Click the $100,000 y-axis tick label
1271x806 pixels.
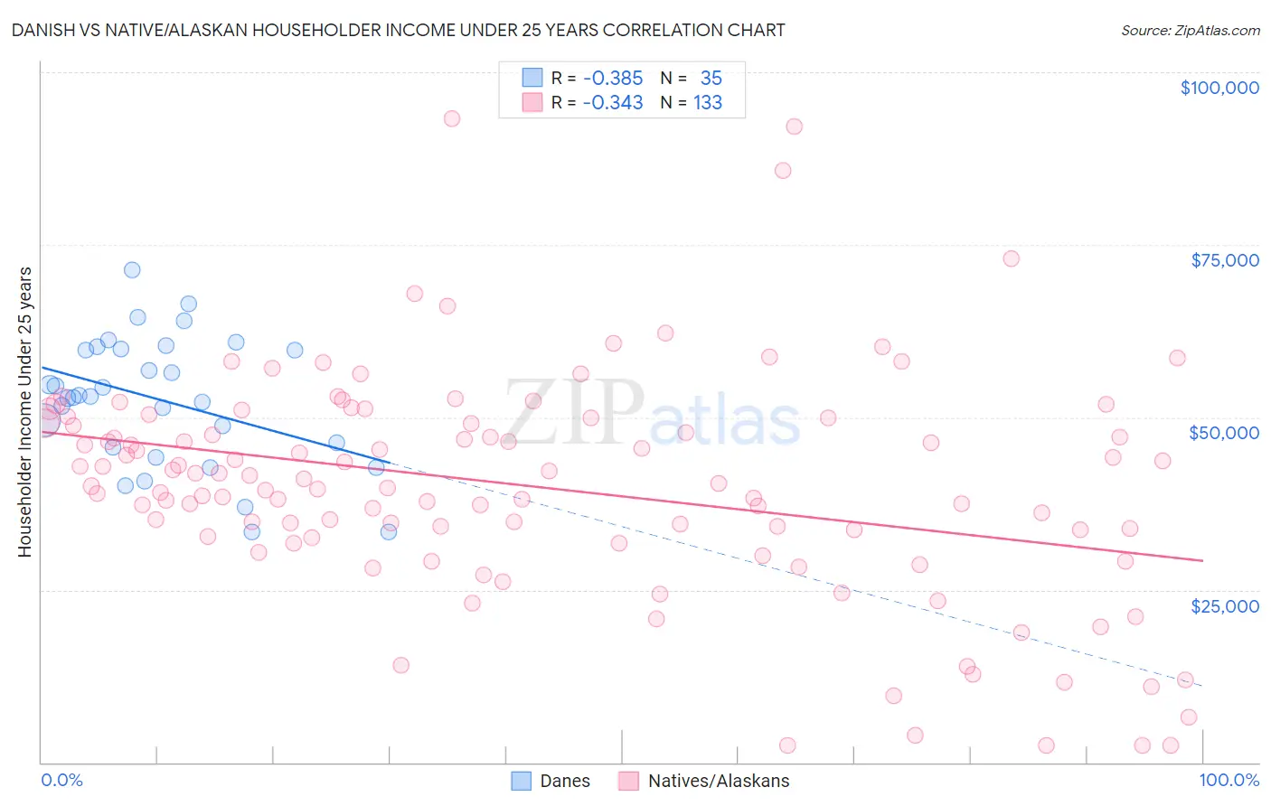[x=1219, y=88]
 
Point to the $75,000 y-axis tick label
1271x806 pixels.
[x=1224, y=260]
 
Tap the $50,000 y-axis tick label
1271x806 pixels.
[x=1223, y=433]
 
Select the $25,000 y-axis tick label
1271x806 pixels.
[x=1224, y=605]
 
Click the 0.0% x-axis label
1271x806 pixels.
[x=61, y=780]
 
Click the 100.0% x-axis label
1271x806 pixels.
[x=1229, y=780]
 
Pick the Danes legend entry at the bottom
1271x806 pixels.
[x=551, y=781]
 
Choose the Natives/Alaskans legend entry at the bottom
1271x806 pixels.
[x=704, y=781]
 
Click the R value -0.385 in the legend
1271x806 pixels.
[x=612, y=79]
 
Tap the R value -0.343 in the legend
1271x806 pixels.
[x=612, y=103]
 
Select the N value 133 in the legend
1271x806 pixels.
[x=707, y=103]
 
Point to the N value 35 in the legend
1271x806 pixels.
[x=711, y=79]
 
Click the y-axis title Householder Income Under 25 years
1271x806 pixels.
[x=25, y=411]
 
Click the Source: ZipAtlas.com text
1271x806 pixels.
[x=1190, y=30]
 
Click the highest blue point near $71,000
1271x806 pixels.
[x=132, y=270]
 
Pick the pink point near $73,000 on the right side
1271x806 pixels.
[x=1011, y=258]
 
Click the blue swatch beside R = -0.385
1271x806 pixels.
[x=532, y=78]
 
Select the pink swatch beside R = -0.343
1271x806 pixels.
[x=532, y=102]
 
